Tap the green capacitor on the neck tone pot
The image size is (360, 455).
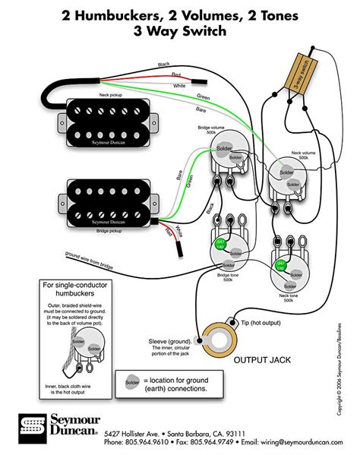pyautogui.click(x=279, y=266)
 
